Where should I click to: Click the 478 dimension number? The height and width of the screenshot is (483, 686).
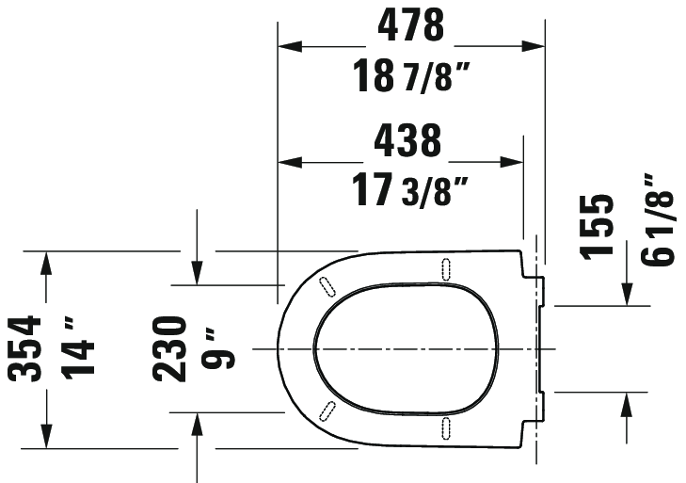[x=410, y=25]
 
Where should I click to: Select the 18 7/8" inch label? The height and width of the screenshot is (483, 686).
[x=410, y=75]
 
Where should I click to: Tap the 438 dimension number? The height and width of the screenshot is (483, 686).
[x=407, y=141]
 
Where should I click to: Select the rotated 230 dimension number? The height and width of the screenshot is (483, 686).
[x=171, y=348]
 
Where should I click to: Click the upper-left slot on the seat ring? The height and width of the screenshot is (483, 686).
[x=327, y=286]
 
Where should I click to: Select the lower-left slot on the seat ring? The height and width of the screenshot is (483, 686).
[x=327, y=410]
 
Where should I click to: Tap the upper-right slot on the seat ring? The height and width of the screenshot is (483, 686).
[x=444, y=268]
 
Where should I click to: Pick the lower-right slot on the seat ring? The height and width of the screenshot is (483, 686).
[x=444, y=427]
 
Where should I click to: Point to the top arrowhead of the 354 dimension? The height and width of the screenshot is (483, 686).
[x=44, y=263]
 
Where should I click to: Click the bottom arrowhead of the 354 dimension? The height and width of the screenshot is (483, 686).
[x=44, y=437]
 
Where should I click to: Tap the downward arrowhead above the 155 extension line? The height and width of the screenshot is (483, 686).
[x=627, y=293]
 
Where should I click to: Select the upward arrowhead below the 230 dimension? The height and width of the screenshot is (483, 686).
[x=197, y=425]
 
